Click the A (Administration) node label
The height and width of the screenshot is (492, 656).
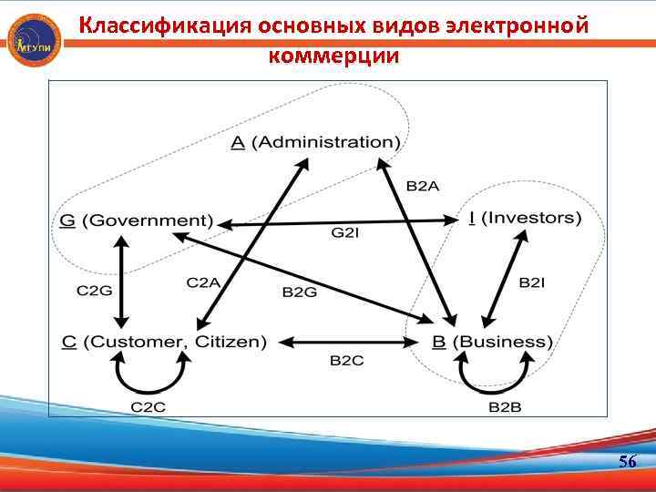[x=315, y=142]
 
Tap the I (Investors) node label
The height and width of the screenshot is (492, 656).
[x=524, y=218]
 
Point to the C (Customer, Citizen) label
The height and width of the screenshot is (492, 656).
[x=164, y=342]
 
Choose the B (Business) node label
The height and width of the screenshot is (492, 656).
[x=492, y=342]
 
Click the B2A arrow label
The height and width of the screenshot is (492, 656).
[x=423, y=186]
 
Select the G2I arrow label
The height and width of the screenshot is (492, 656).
[x=345, y=233]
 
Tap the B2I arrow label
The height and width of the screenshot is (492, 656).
[x=532, y=283]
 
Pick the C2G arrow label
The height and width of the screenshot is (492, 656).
[x=93, y=291]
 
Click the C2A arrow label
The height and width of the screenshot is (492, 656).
[x=203, y=283]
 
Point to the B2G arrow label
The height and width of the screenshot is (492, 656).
[x=300, y=292]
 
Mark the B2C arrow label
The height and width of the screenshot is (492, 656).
[x=346, y=361]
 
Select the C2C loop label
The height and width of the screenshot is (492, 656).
[x=148, y=406]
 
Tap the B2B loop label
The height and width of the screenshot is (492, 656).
[x=505, y=406]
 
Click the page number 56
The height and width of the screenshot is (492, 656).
[x=627, y=462]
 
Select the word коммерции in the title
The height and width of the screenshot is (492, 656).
[x=333, y=55]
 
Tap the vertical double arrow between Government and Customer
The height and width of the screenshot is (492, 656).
[x=120, y=282]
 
